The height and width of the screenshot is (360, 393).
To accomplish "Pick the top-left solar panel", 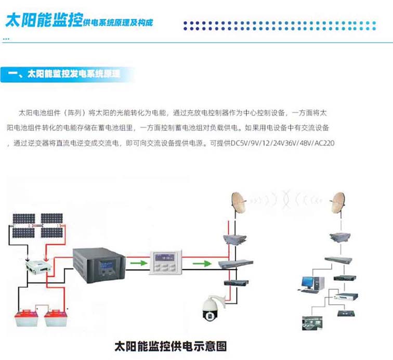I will coord(21,219).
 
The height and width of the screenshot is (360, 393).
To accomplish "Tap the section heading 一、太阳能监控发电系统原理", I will coord(70,74).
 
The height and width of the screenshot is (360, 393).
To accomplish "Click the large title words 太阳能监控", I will coord(43,21).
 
